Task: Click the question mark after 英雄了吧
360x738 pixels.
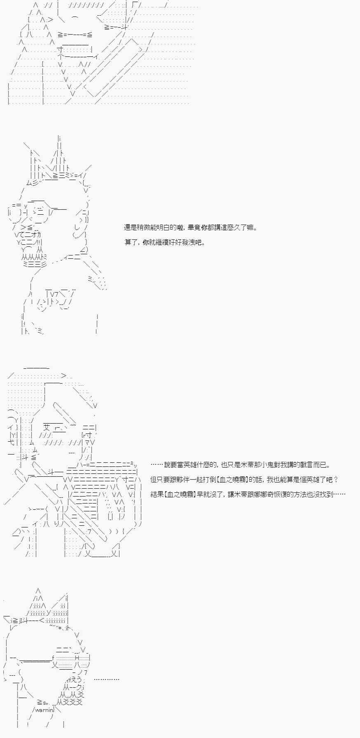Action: click(336, 480)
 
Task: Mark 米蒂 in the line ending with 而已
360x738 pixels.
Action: click(241, 465)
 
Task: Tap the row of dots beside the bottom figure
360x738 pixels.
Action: click(107, 679)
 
